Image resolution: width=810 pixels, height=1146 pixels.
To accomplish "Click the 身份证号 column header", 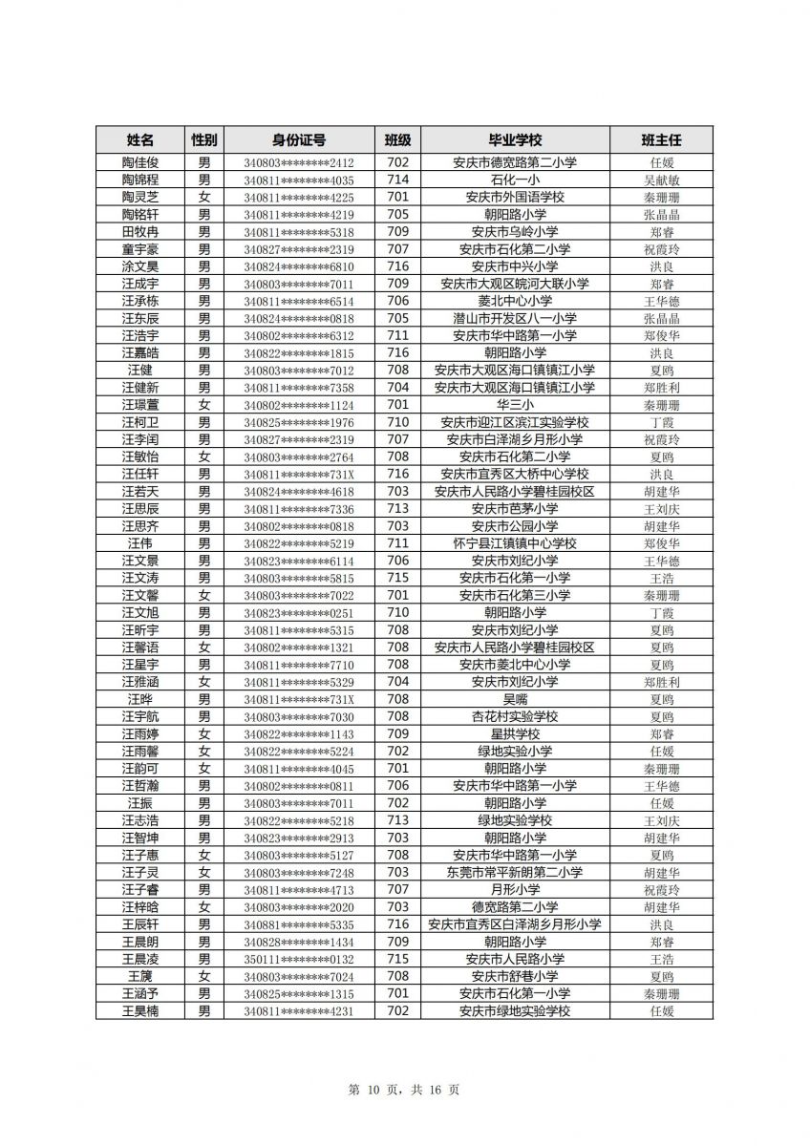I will (298, 139).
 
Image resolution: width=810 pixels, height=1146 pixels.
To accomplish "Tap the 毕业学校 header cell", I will (515, 139).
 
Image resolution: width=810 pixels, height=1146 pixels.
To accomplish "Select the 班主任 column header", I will (662, 139).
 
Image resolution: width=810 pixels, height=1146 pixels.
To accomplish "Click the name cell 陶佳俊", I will (140, 162).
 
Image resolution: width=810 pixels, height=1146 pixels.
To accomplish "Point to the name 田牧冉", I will (140, 232).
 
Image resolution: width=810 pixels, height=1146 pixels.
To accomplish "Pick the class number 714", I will (398, 180).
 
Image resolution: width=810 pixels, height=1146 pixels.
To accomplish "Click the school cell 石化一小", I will (515, 180).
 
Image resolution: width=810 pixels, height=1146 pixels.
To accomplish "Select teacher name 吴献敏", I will (662, 180).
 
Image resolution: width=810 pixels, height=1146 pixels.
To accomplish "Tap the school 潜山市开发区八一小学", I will (515, 319).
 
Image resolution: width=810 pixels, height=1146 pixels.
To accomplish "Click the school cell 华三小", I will (515, 405).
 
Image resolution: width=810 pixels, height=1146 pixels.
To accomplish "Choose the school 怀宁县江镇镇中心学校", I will (515, 543).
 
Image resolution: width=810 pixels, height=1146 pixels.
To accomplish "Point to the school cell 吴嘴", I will (515, 699).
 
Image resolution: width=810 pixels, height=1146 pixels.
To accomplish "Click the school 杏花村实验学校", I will (515, 716).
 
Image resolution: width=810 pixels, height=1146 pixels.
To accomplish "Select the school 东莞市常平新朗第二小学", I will (515, 873).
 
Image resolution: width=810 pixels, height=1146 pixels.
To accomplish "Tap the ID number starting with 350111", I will (298, 960).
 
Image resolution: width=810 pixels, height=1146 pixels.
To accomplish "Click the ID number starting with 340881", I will (298, 924).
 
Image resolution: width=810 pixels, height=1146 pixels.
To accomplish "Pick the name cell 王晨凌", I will (140, 959).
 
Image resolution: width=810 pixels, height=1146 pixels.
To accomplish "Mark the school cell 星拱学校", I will (515, 734).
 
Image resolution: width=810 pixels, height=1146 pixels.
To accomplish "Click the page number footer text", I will (404, 1090).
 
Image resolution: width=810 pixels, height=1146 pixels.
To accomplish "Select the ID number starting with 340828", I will (298, 942).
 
